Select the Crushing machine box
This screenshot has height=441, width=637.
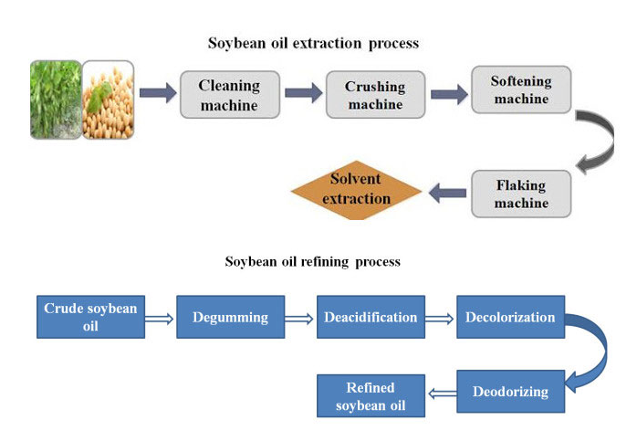(375, 96)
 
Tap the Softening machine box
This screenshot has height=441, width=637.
(521, 89)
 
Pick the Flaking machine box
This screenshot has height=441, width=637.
(521, 194)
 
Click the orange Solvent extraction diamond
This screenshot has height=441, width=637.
(356, 190)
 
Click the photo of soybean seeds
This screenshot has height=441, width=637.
(109, 100)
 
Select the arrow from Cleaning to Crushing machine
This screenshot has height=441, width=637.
(304, 93)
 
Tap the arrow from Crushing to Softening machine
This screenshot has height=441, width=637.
(448, 91)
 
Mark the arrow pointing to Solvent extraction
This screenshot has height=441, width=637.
(447, 192)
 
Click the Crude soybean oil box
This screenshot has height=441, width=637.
(90, 317)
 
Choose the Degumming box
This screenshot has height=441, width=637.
(230, 317)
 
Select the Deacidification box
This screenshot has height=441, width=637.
(371, 317)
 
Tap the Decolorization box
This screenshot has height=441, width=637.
(510, 317)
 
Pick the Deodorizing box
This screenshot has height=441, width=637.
(510, 392)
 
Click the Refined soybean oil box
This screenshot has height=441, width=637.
(371, 396)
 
